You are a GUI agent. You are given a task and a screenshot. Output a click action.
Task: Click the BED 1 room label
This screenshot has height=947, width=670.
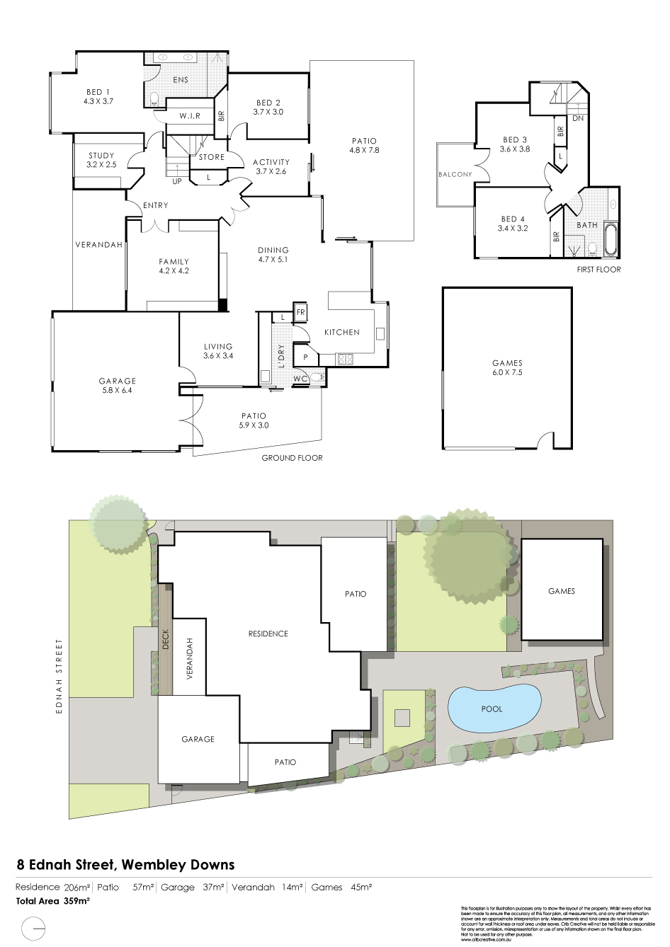coord(98,91)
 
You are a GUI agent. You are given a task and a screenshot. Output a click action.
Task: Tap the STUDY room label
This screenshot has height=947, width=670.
coord(101,156)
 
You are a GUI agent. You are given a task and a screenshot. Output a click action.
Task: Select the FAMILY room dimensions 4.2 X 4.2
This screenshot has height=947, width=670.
coord(174,270)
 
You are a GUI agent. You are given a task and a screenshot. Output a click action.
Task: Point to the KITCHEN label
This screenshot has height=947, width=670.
coord(342,332)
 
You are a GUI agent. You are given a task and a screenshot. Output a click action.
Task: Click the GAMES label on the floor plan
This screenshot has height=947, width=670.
coord(506,362)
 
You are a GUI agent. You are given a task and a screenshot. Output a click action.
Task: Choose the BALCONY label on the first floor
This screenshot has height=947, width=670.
coord(455,174)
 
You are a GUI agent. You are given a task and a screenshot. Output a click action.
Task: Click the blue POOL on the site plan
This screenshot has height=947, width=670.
coord(492,708)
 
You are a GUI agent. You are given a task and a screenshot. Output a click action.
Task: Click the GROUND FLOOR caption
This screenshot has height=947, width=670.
coord(292,458)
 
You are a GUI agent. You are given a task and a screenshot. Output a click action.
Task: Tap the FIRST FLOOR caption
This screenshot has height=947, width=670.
coord(599,270)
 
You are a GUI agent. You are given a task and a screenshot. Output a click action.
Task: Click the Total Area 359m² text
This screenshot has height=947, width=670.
coord(52,902)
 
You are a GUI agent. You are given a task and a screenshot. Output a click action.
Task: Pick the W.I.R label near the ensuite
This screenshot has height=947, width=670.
coord(189,116)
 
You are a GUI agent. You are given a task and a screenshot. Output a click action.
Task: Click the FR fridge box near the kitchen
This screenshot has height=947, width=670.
coord(300,312)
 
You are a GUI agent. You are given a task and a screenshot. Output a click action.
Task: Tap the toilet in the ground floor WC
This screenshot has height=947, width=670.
coord(316,379)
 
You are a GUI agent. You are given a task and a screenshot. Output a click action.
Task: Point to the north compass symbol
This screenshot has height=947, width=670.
coord(34,927)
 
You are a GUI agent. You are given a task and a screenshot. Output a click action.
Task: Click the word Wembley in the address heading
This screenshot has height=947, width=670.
coord(153,864)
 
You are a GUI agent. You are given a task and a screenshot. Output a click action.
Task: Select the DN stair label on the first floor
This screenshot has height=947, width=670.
coord(578,118)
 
